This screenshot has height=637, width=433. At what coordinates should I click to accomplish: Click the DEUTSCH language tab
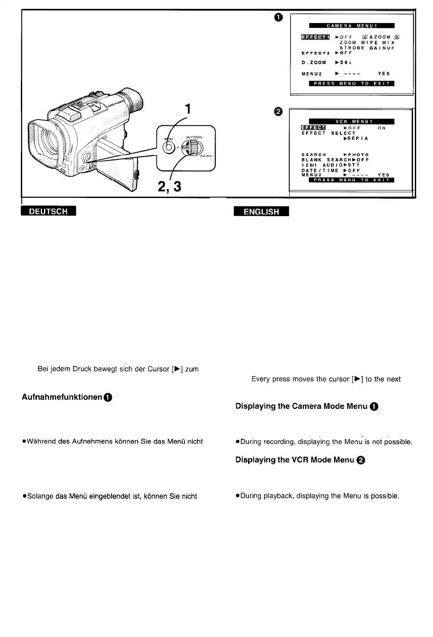(x=48, y=211)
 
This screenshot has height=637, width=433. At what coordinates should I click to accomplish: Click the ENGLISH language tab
(x=261, y=212)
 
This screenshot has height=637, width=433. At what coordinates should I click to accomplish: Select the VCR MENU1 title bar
(x=351, y=121)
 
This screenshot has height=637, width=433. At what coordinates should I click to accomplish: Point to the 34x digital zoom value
(x=344, y=63)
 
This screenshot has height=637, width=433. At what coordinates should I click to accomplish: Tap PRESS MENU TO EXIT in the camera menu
(x=351, y=84)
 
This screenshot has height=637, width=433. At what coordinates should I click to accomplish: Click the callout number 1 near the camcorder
(x=188, y=109)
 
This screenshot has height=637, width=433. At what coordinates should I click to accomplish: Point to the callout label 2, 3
(x=169, y=187)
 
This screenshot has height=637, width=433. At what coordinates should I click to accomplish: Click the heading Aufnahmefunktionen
(x=62, y=397)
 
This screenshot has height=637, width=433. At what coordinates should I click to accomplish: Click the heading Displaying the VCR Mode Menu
(x=295, y=460)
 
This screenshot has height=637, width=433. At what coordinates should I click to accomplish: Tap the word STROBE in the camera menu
(x=352, y=48)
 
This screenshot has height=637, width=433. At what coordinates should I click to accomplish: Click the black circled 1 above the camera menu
(x=278, y=17)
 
